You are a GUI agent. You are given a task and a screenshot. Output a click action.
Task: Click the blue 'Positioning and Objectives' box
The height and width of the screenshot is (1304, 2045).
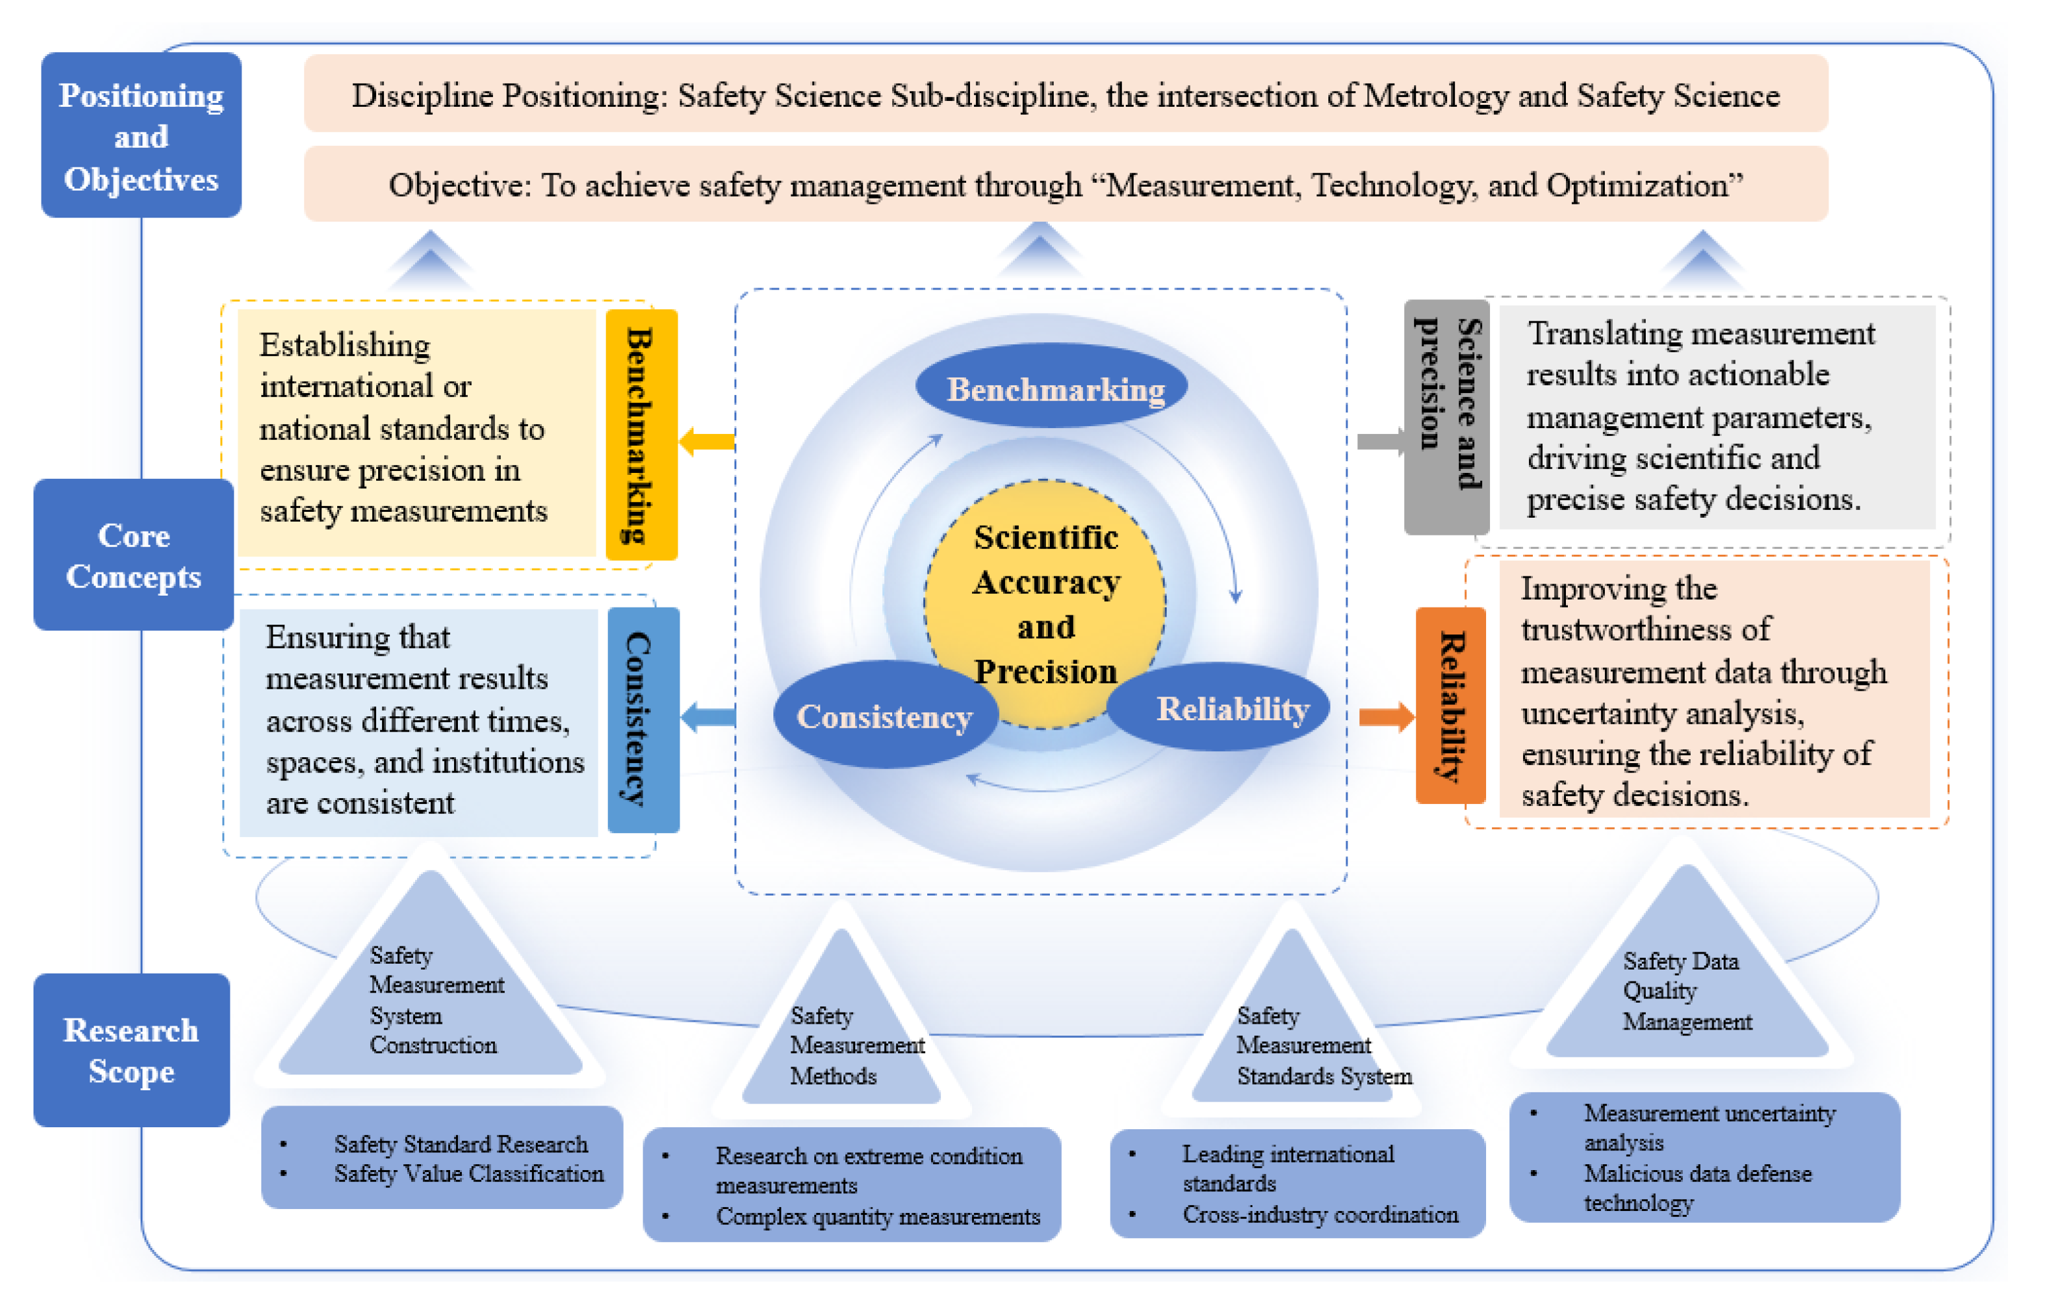pyautogui.click(x=141, y=136)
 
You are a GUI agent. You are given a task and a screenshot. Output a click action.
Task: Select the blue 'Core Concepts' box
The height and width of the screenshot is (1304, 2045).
pyautogui.click(x=133, y=555)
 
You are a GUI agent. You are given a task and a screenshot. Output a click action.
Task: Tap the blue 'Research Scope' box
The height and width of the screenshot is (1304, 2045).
pyautogui.click(x=131, y=1050)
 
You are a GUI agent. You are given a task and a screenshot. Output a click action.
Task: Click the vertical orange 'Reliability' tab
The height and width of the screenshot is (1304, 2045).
pyautogui.click(x=1450, y=706)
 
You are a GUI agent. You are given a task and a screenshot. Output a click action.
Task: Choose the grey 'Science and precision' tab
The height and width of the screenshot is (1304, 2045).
pyautogui.click(x=1446, y=416)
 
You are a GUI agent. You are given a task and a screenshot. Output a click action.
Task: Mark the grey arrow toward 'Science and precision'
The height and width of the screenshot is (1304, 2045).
pyautogui.click(x=1379, y=441)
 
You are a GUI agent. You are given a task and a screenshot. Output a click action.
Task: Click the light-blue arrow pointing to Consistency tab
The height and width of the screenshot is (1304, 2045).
pyautogui.click(x=707, y=718)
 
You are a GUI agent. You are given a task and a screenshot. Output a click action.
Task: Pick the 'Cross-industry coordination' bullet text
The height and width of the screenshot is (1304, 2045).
pyautogui.click(x=1319, y=1214)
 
